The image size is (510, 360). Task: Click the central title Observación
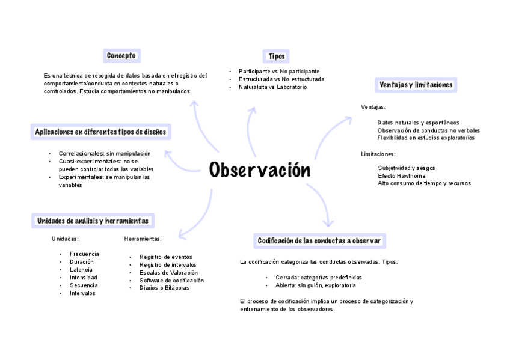click(260, 171)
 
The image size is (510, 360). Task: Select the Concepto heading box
click(121, 56)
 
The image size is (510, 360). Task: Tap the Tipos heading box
click(277, 56)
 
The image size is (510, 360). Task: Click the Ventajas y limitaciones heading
click(416, 85)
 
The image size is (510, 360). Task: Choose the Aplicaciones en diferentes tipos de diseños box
click(100, 132)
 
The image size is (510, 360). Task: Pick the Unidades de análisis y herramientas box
click(93, 221)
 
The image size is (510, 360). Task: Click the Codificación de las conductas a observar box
click(319, 241)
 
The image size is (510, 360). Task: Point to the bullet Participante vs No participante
click(278, 71)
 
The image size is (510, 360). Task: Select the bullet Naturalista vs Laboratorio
click(272, 87)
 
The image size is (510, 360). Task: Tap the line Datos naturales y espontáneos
click(418, 123)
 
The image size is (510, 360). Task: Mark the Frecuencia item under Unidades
click(84, 254)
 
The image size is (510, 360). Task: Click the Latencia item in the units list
click(81, 269)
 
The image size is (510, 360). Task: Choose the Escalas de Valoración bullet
click(168, 272)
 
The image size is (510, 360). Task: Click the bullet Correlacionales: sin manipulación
click(104, 153)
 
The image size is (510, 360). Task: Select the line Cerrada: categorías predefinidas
click(319, 278)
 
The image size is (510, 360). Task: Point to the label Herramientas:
click(143, 239)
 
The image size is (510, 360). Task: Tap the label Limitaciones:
click(378, 154)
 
